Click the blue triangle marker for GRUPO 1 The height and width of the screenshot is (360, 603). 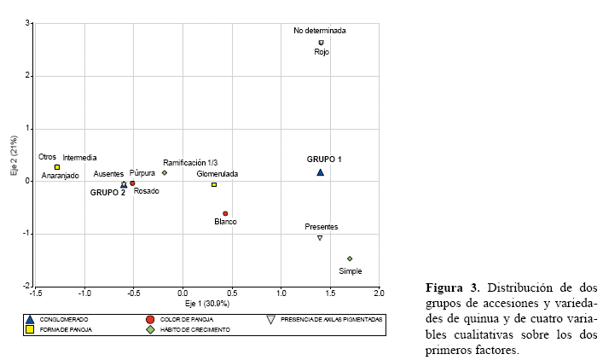coord(321,172)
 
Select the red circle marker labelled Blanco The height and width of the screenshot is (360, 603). coord(225,213)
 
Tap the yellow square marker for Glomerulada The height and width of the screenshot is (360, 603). coord(214,184)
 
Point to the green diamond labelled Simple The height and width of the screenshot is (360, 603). coord(350,258)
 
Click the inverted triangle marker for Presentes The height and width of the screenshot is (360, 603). coord(320,238)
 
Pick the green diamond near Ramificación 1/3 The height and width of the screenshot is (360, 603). coord(165,172)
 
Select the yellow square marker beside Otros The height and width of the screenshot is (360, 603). coord(57,167)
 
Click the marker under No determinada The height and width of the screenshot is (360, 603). coord(322,42)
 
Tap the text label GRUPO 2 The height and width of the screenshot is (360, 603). coord(108,193)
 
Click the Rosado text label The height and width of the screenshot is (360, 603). coord(147,191)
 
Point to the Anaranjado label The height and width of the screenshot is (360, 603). coord(59,176)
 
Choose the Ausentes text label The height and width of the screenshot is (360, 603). coord(108,173)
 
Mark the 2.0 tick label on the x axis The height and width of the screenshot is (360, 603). coord(379,293)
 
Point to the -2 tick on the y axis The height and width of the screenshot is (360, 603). coord(26,286)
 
